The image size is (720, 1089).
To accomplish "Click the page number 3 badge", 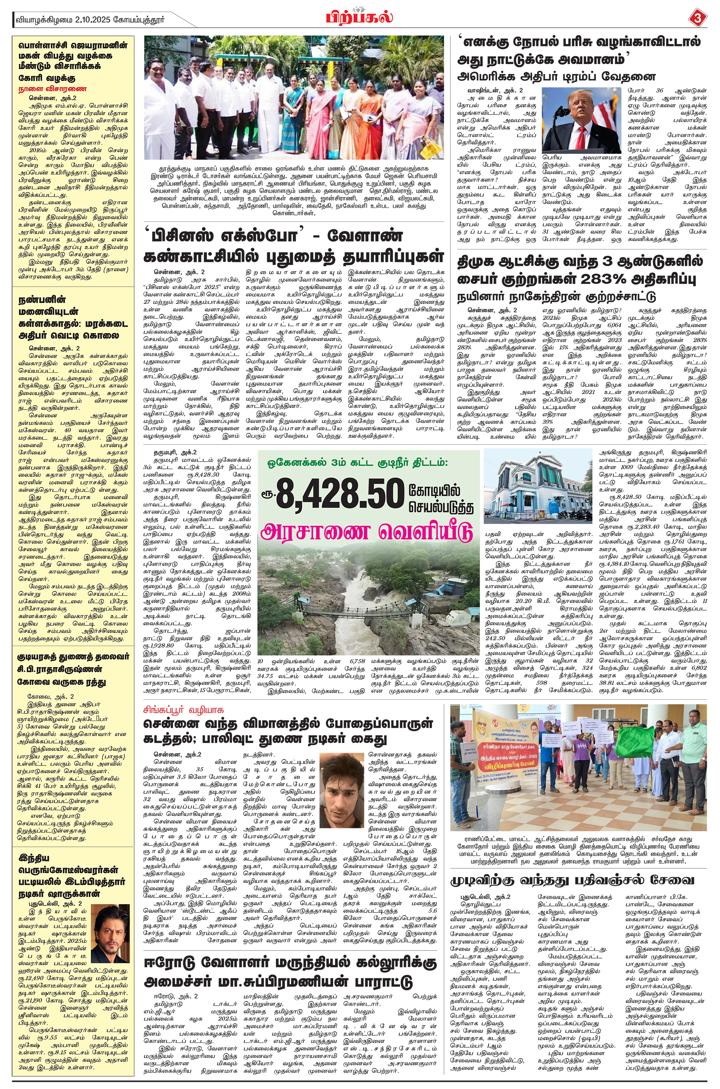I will [x=698, y=19].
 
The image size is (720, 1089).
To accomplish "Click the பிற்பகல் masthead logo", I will [x=360, y=18].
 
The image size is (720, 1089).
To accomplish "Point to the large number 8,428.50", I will [x=339, y=494].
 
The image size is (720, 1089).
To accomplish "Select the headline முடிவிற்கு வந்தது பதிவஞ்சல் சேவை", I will [x=572, y=880].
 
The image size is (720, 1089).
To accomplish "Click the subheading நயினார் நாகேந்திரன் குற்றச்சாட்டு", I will [x=556, y=297].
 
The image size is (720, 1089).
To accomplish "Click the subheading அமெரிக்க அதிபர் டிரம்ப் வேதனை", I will [x=556, y=76].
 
